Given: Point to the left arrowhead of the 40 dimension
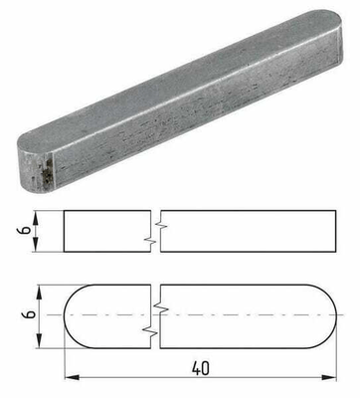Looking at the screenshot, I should pos(70,378).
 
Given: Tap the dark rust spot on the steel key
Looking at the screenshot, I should pos(46,178).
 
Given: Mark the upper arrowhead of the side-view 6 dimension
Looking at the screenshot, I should pos(38,215).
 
